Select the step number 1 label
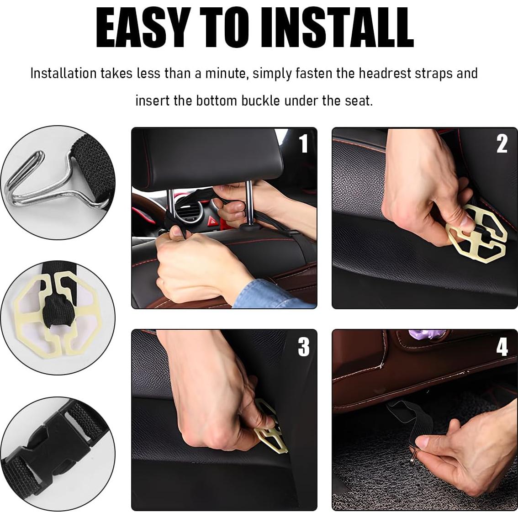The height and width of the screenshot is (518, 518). pyautogui.click(x=303, y=144)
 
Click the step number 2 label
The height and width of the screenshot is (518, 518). pyautogui.click(x=502, y=144)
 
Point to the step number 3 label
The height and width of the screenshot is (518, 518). pyautogui.click(x=303, y=347)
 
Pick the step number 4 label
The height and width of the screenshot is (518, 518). pyautogui.click(x=502, y=347)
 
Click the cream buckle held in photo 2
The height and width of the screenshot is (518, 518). pyautogui.click(x=477, y=235)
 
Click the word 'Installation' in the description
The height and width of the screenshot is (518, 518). pyautogui.click(x=63, y=73)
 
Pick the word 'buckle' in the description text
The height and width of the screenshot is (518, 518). pyautogui.click(x=260, y=100)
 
